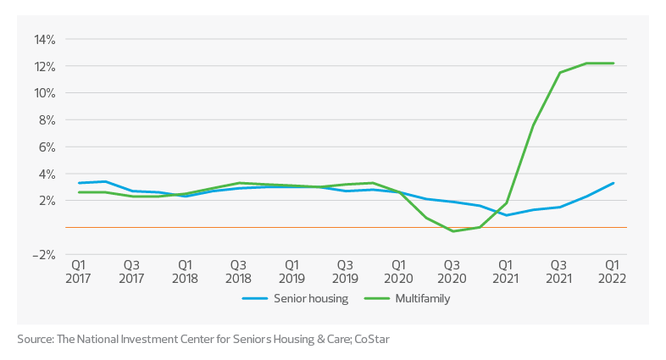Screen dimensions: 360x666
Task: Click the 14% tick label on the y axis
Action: (44, 39)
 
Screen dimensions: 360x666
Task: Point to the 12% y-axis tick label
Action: (44, 66)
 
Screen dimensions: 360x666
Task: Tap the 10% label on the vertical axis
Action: (44, 93)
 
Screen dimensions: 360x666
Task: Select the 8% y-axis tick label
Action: (47, 120)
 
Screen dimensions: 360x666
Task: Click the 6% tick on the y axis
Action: (47, 147)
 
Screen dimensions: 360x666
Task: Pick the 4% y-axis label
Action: (47, 174)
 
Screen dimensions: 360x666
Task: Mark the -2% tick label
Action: (44, 254)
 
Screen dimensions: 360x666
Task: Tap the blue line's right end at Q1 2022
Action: (613, 183)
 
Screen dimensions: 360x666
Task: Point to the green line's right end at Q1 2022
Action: (613, 64)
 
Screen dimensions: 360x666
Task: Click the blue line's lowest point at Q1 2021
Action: (506, 215)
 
